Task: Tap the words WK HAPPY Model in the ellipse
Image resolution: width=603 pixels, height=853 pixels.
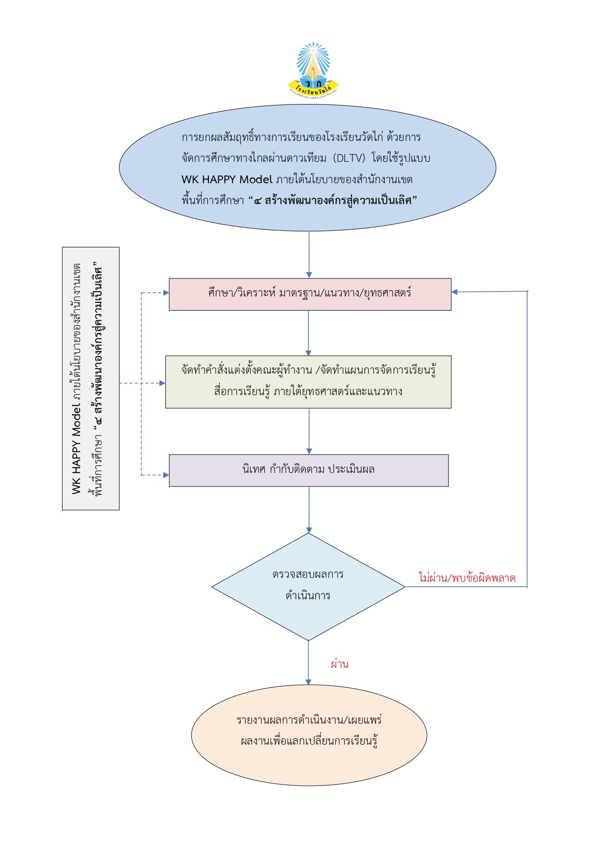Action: [227, 179]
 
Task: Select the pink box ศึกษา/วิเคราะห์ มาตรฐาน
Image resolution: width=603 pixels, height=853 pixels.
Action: [310, 294]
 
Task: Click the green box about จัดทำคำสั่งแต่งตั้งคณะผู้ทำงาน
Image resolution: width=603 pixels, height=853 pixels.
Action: [308, 382]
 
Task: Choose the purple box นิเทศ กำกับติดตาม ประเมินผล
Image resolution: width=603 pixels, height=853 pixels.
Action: [309, 470]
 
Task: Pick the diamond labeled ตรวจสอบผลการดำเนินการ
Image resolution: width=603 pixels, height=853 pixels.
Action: [309, 587]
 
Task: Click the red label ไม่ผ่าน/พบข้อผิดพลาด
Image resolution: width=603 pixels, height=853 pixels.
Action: [467, 578]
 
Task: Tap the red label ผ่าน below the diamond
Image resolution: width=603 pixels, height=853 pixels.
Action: [340, 664]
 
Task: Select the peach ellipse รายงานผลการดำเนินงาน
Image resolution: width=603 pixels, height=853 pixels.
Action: [309, 735]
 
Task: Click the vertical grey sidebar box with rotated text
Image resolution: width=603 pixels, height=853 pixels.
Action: [91, 379]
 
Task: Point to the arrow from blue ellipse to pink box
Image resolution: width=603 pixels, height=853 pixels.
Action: [309, 255]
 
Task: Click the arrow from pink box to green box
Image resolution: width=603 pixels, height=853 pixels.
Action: [308, 333]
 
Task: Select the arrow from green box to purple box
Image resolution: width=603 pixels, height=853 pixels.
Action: [309, 431]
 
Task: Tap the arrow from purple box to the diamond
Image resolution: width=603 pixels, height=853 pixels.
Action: [309, 510]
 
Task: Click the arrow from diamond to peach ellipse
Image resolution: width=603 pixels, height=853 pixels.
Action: [308, 662]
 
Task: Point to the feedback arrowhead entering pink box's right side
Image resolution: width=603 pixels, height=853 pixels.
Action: [455, 292]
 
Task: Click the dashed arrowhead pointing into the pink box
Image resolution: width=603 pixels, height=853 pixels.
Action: [166, 293]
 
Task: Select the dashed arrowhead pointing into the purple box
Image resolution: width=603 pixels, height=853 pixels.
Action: [166, 475]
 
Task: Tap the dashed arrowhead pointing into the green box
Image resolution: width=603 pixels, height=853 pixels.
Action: [162, 383]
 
